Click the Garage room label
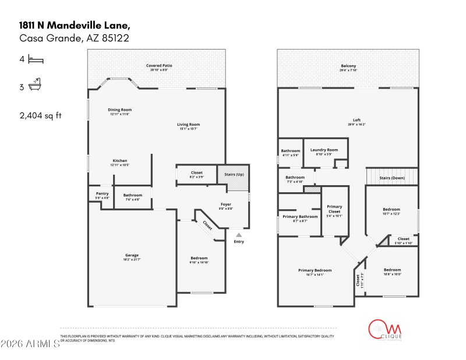(132, 255)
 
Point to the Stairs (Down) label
(391, 178)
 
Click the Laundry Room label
(324, 150)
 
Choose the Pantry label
(102, 193)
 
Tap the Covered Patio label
(158, 66)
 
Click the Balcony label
(348, 66)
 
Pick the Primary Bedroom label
(315, 270)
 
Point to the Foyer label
(226, 204)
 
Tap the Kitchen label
(119, 161)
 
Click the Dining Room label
(119, 110)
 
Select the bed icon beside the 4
(36, 59)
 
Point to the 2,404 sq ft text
(41, 115)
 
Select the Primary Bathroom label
(300, 217)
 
